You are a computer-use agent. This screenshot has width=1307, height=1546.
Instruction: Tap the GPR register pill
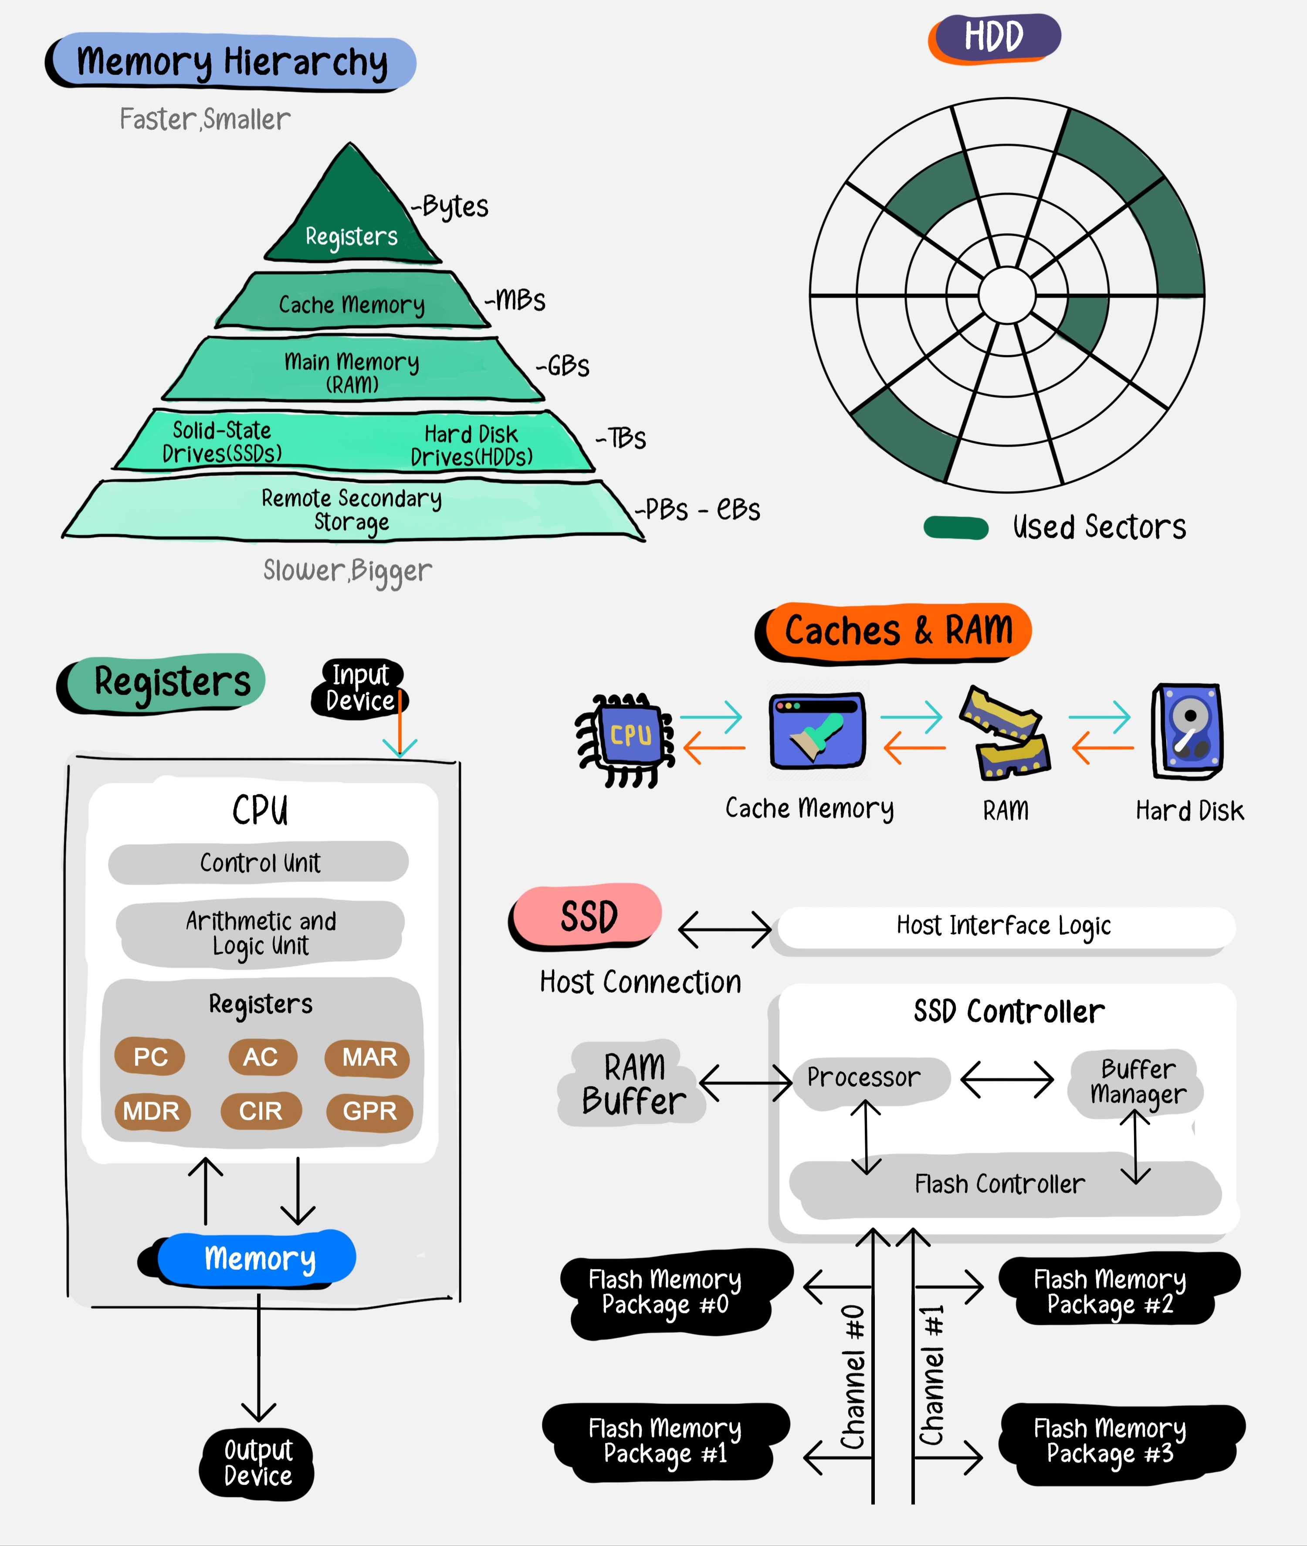(x=369, y=1112)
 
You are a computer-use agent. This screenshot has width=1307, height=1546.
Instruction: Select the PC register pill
(x=150, y=1057)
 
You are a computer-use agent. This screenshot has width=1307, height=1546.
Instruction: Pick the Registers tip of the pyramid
(x=351, y=222)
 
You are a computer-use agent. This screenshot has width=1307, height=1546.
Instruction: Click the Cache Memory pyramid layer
(x=351, y=302)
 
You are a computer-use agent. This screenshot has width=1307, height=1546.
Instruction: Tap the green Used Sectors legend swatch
(x=956, y=528)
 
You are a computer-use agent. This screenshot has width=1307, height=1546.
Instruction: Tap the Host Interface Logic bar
(x=1003, y=926)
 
